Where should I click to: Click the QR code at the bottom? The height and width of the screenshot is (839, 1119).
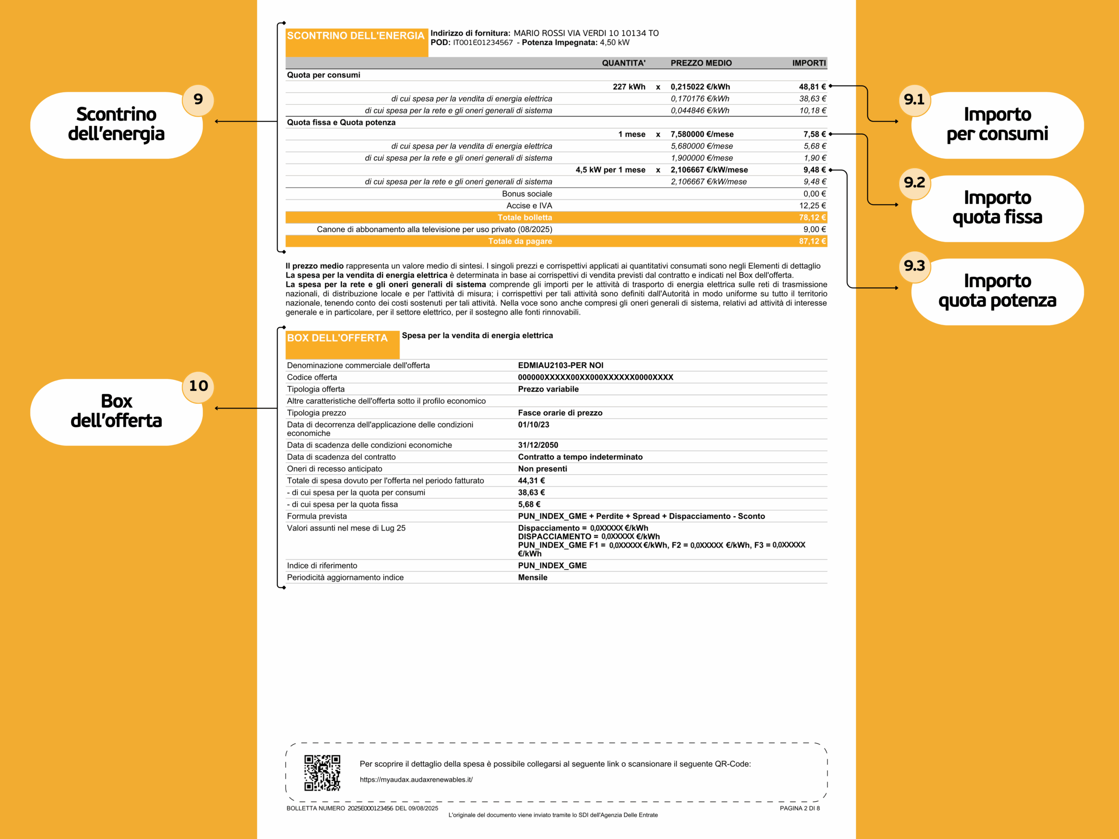click(x=322, y=772)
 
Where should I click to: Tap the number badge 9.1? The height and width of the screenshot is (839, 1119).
click(x=914, y=100)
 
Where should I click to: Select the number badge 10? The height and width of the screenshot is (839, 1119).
click(x=198, y=386)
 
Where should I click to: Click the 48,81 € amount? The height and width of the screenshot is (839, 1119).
click(x=812, y=87)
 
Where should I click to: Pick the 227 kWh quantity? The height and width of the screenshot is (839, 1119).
click(x=629, y=87)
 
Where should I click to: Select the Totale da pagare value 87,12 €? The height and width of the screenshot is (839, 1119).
click(x=812, y=241)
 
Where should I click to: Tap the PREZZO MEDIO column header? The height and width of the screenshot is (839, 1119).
click(x=701, y=63)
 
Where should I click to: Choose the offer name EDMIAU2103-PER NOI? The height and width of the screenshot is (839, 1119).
click(x=560, y=365)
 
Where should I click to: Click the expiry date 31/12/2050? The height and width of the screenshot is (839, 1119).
click(x=538, y=445)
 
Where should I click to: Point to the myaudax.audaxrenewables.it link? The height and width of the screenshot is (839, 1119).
click(x=416, y=779)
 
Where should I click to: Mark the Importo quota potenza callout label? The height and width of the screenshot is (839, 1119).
click(x=997, y=291)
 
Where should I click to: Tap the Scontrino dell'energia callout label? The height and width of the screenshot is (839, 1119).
click(x=116, y=125)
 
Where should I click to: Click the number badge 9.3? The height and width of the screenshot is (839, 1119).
click(x=914, y=266)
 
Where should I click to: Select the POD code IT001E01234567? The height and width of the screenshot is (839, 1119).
click(x=483, y=42)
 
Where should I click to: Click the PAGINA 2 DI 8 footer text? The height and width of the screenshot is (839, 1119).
click(x=799, y=808)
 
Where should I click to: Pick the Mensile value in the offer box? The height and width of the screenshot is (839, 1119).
click(x=532, y=578)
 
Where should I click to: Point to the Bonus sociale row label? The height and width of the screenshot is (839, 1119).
click(x=527, y=194)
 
